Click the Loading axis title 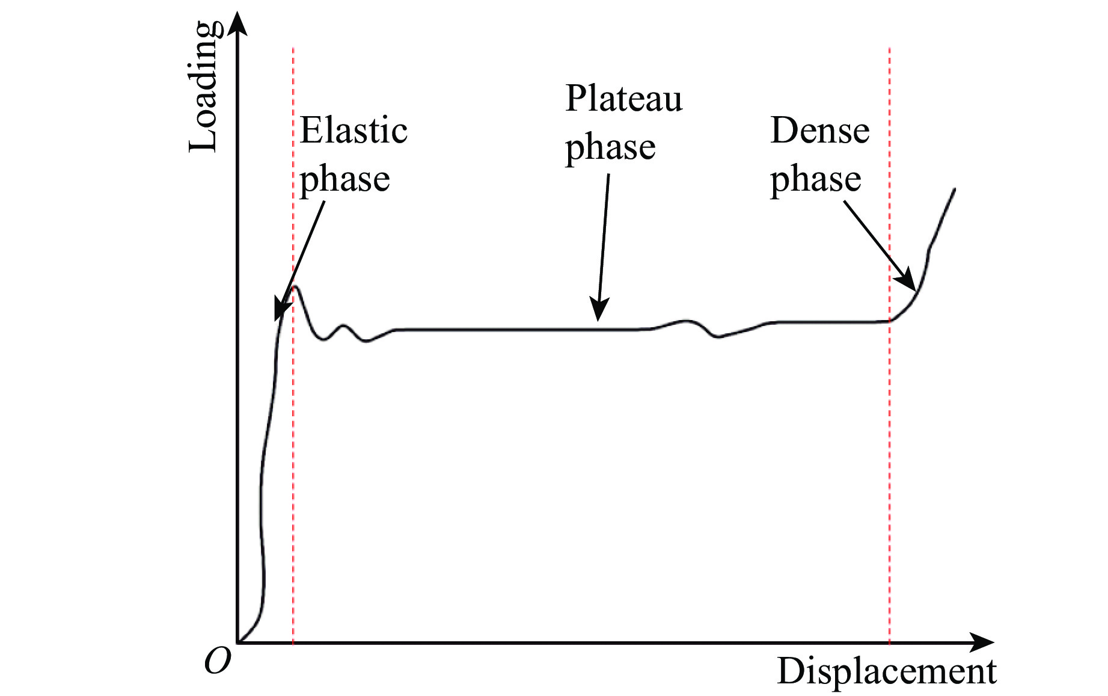tap(203, 87)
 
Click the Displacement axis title tap(887, 671)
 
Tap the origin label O tap(217, 661)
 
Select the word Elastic tap(354, 130)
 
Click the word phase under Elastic tap(344, 179)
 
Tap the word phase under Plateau tap(610, 147)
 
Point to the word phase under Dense tap(816, 179)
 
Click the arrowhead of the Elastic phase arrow tap(280, 312)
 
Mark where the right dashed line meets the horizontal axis tap(889, 642)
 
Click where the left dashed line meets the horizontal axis tap(293, 642)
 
